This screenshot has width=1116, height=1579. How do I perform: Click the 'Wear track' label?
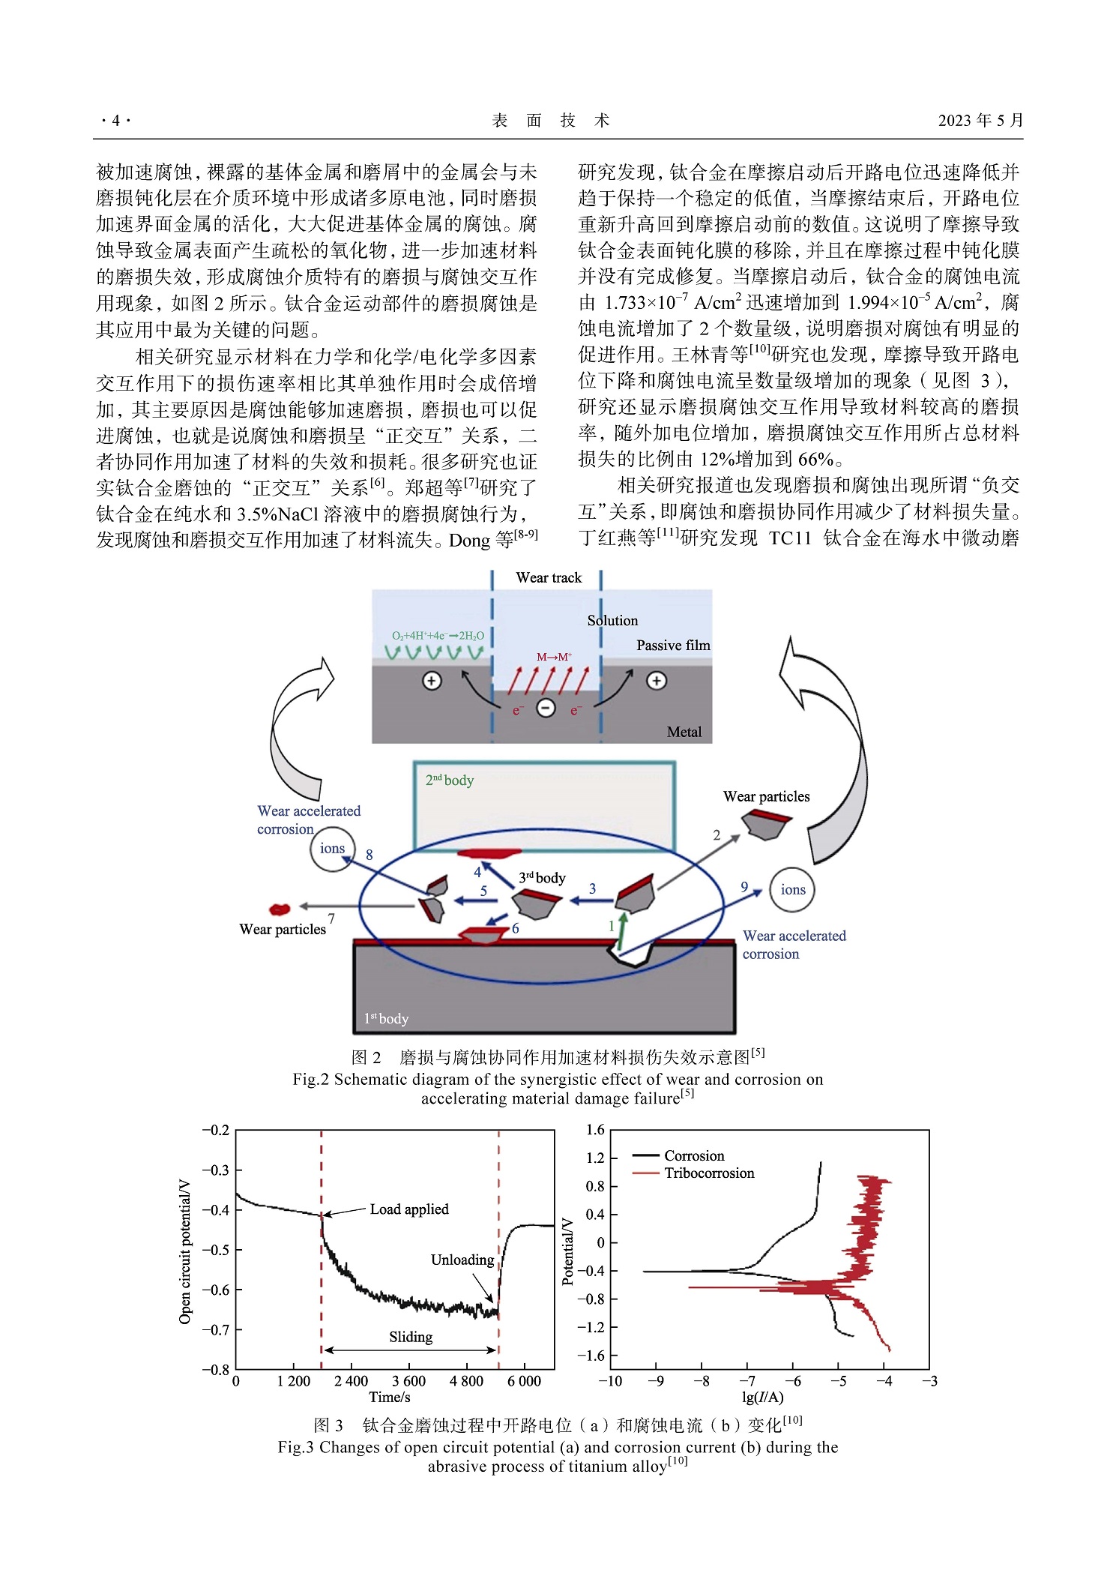549,577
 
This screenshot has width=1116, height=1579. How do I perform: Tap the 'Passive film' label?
673,646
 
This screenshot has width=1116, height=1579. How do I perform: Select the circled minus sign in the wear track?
546,707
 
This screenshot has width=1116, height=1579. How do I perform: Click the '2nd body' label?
450,780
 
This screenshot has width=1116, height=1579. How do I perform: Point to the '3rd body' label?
542,877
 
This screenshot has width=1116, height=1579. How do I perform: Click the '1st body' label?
386,1018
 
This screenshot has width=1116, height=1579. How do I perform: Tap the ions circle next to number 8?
332,849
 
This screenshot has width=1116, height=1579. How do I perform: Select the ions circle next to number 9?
792,890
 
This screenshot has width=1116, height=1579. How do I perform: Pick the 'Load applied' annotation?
408,1209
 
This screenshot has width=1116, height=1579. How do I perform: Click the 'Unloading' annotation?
462,1260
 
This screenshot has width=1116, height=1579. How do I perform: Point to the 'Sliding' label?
411,1337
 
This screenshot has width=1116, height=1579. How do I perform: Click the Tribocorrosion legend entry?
708,1173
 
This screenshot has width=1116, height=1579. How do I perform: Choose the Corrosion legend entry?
694,1155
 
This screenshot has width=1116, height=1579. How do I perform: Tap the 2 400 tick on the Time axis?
351,1381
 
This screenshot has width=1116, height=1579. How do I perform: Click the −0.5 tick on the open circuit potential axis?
216,1249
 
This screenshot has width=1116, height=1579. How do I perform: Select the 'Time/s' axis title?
390,1397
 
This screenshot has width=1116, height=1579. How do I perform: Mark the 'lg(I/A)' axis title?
763,1397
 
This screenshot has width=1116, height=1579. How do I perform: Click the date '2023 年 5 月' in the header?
980,121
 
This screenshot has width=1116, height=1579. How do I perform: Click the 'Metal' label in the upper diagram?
684,732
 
